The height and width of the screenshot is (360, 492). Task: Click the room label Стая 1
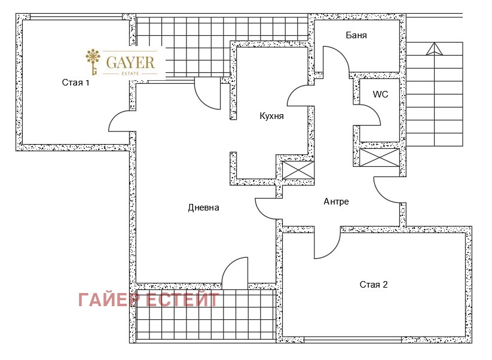coord(75,83)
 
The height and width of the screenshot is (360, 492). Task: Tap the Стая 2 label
coord(374,284)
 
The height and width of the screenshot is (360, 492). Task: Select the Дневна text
coord(204,208)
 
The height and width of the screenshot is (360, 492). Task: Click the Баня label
coord(356,35)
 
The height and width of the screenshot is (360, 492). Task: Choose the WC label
coord(381,94)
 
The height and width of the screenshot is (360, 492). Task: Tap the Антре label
coord(336,202)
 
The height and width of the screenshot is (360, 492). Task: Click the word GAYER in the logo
coord(130,61)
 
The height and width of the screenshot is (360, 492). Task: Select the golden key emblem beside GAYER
coord(93,62)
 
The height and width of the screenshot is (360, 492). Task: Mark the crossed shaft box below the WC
coord(379,158)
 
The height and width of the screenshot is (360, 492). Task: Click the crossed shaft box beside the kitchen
coord(297,170)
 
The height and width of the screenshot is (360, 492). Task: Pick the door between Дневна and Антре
coord(267,208)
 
